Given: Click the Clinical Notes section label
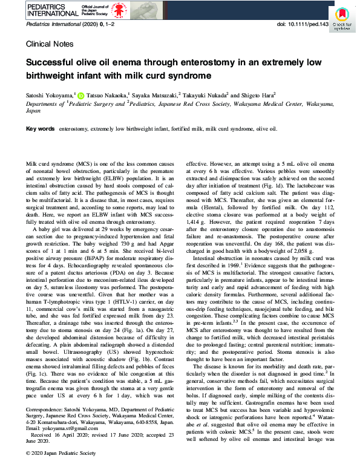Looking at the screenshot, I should point(50,44).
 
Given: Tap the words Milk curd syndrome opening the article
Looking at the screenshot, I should point(49,164).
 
